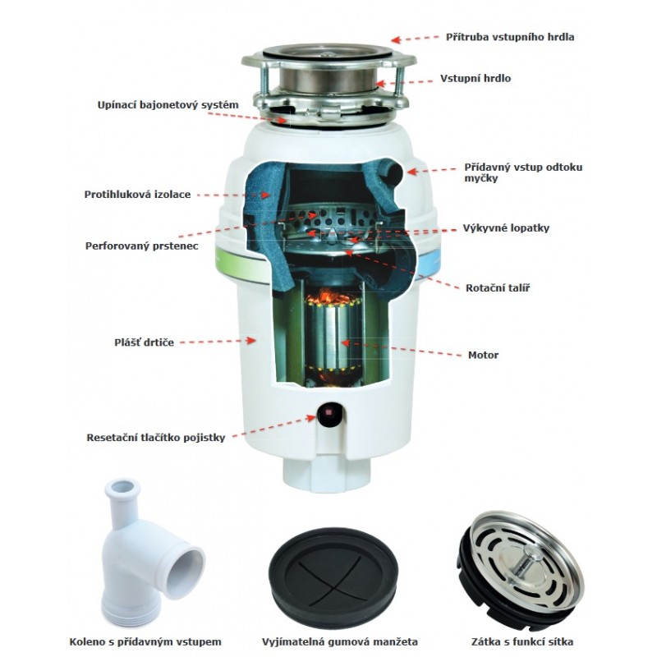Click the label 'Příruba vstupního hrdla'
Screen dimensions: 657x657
click(x=509, y=37)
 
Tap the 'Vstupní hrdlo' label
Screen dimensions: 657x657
click(x=476, y=78)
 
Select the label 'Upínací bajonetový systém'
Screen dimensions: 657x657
click(x=168, y=105)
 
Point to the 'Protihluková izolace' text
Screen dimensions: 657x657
click(x=137, y=195)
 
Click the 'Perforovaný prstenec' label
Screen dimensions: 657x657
click(x=141, y=246)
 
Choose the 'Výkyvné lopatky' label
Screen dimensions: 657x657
click(x=506, y=228)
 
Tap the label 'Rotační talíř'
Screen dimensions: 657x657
click(x=498, y=288)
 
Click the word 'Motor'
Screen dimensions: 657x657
click(x=483, y=356)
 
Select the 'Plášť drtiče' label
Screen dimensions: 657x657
click(x=145, y=342)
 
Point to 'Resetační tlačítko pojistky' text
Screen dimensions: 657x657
click(x=156, y=438)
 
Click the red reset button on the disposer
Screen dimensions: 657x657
click(x=329, y=413)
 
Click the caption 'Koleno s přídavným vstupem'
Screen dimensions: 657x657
click(x=145, y=642)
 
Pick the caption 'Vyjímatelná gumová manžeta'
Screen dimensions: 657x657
click(x=340, y=642)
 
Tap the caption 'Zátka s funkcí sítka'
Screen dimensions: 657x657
click(x=522, y=642)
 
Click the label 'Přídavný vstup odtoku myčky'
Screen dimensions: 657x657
click(x=523, y=172)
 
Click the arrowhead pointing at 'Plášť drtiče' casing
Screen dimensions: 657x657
click(x=251, y=340)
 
